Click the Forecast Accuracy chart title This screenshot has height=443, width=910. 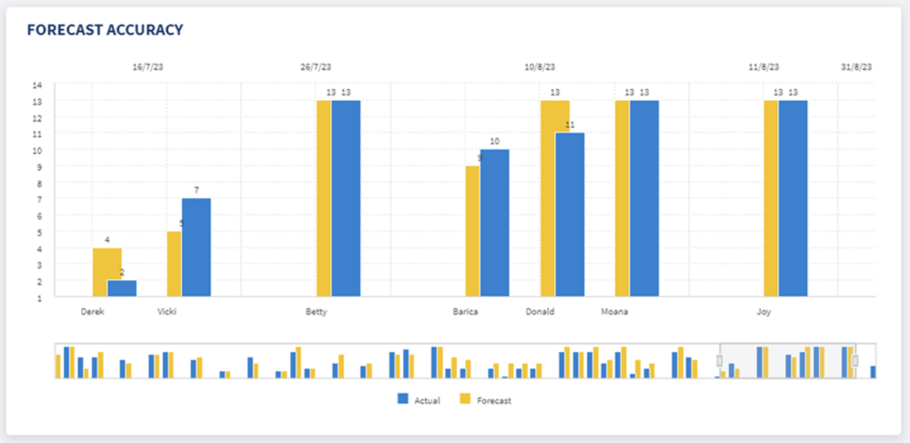[x=105, y=30]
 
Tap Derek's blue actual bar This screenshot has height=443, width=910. [x=122, y=287]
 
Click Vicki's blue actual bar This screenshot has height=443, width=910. [x=197, y=247]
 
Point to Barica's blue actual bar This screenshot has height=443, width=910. [x=495, y=222]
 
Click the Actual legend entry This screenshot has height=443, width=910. [x=420, y=399]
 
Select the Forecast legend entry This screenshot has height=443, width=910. [x=487, y=399]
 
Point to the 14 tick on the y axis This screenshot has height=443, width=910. [x=38, y=85]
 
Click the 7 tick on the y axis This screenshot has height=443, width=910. [x=38, y=199]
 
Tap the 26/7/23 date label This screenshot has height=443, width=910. [x=316, y=67]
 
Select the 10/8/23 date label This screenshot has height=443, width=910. [x=540, y=67]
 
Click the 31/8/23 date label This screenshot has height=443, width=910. [x=856, y=67]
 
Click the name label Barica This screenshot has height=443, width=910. [x=466, y=311]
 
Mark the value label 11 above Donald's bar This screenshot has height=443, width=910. [x=571, y=125]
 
